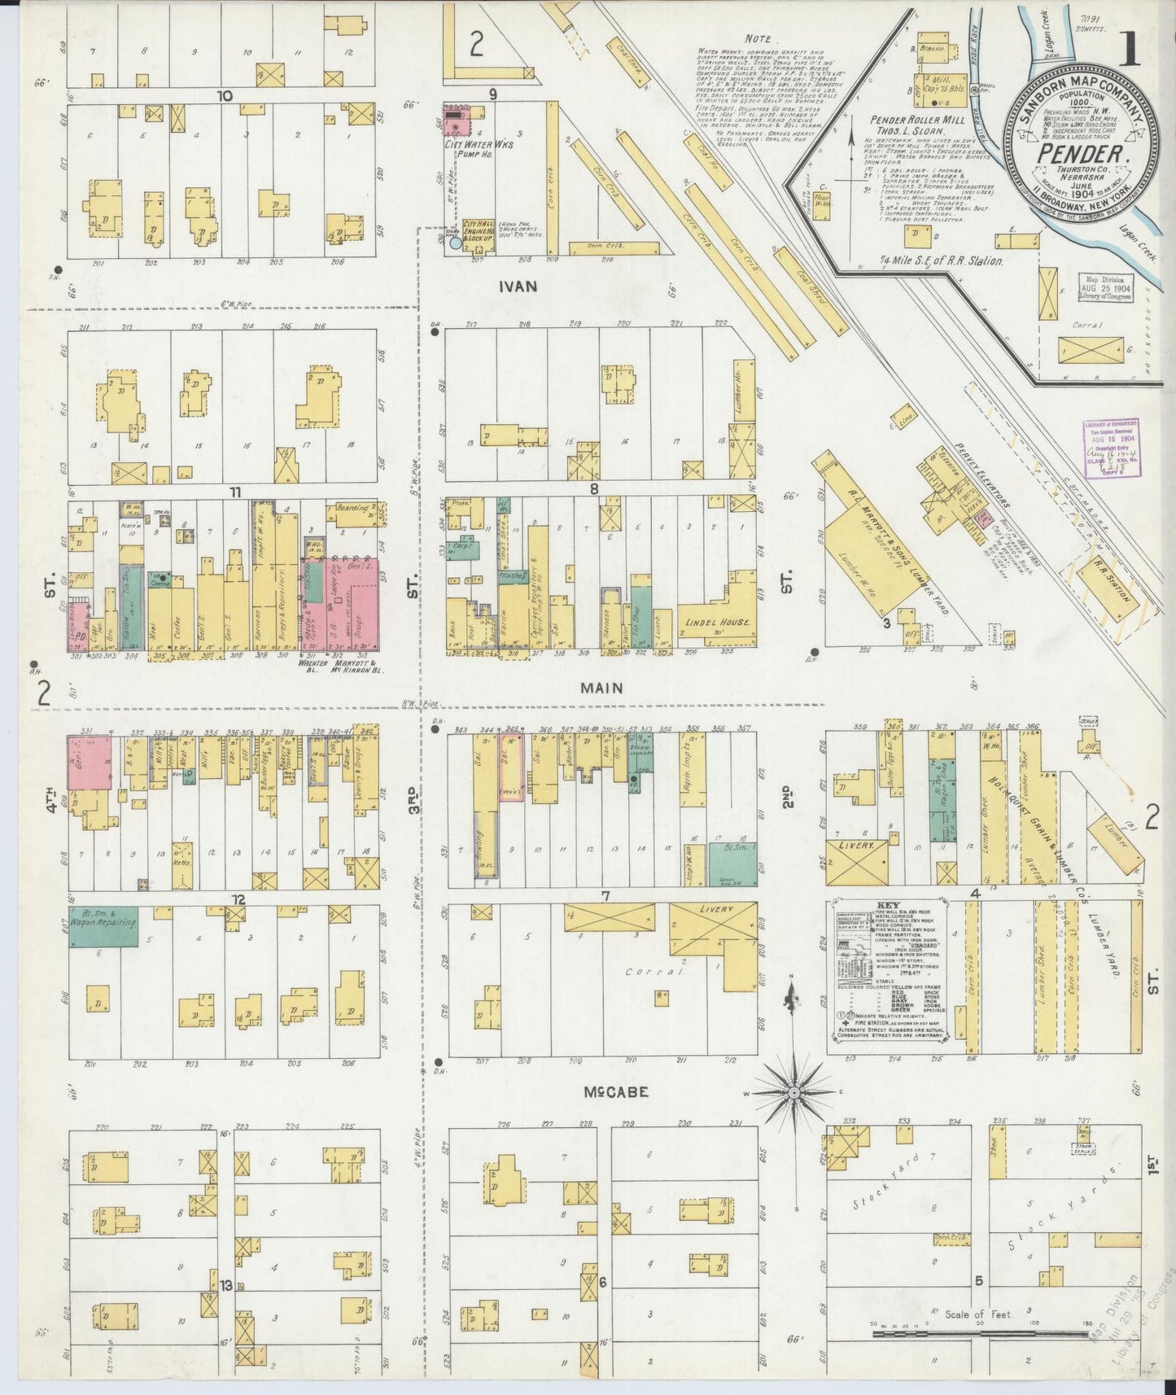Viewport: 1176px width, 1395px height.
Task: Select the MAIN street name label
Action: pyautogui.click(x=601, y=688)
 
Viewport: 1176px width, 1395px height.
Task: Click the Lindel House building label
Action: pyautogui.click(x=713, y=623)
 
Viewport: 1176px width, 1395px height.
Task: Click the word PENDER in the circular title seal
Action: pyautogui.click(x=1082, y=151)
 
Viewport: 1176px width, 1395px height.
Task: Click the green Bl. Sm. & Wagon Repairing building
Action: pyautogui.click(x=103, y=927)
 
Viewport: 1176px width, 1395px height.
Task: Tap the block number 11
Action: pyautogui.click(x=235, y=492)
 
